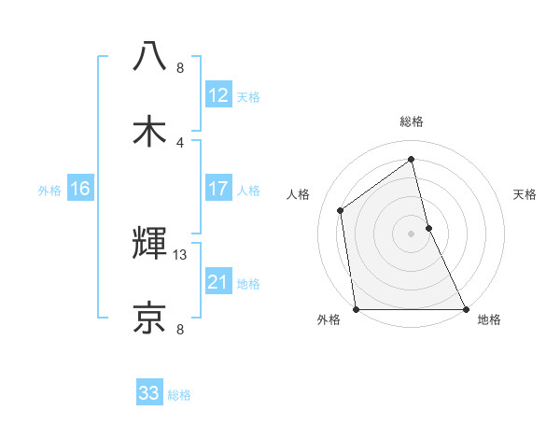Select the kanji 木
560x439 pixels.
149,131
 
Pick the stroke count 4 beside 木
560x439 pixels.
180,142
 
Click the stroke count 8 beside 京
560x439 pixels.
180,329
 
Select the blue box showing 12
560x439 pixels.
217,95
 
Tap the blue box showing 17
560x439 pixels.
217,189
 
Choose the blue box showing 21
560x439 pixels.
217,282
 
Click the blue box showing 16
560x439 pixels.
79,189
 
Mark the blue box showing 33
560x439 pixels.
149,393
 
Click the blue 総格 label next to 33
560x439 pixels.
179,395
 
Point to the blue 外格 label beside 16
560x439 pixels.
49,191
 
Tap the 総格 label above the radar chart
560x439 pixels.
412,121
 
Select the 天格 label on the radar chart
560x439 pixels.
525,194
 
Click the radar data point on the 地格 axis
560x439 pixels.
465,308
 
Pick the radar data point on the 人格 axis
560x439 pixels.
341,210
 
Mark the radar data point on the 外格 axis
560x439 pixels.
357,308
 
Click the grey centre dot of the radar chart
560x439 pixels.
412,233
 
